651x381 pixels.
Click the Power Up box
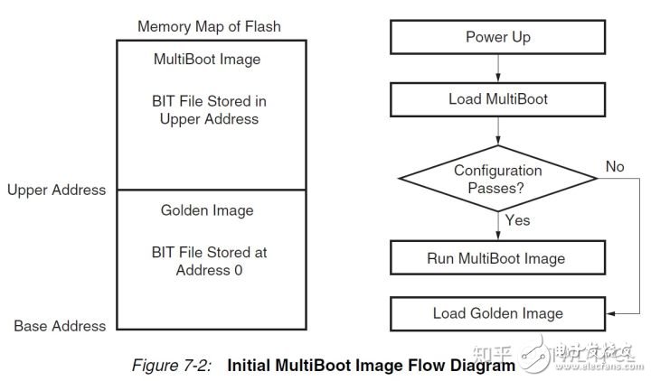tap(497, 38)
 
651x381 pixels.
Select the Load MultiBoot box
tap(497, 99)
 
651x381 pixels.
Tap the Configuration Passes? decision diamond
tap(497, 179)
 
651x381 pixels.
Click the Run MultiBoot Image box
tap(495, 258)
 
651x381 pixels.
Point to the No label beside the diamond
tap(615, 166)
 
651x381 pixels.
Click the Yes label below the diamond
tap(517, 219)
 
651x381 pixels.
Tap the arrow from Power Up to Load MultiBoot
tap(497, 69)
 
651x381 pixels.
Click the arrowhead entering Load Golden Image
tap(608, 313)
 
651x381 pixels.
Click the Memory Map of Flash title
tap(209, 26)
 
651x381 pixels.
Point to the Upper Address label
tap(56, 190)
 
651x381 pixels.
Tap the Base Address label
tap(60, 326)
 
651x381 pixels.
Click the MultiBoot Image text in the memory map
tap(209, 60)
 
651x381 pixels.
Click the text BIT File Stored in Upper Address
tap(209, 110)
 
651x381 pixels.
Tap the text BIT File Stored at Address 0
tap(209, 261)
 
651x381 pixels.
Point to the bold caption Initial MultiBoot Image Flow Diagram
tap(371, 366)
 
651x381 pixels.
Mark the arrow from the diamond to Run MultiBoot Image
tap(497, 226)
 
